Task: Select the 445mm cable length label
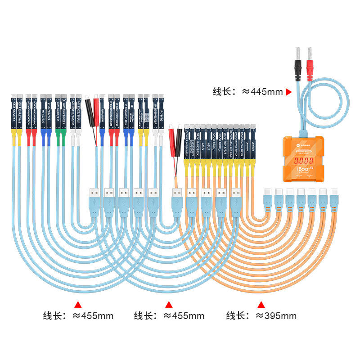(247, 92)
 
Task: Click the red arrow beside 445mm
(288, 92)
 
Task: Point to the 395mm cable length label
(261, 315)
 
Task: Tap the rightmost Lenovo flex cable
(253, 144)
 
